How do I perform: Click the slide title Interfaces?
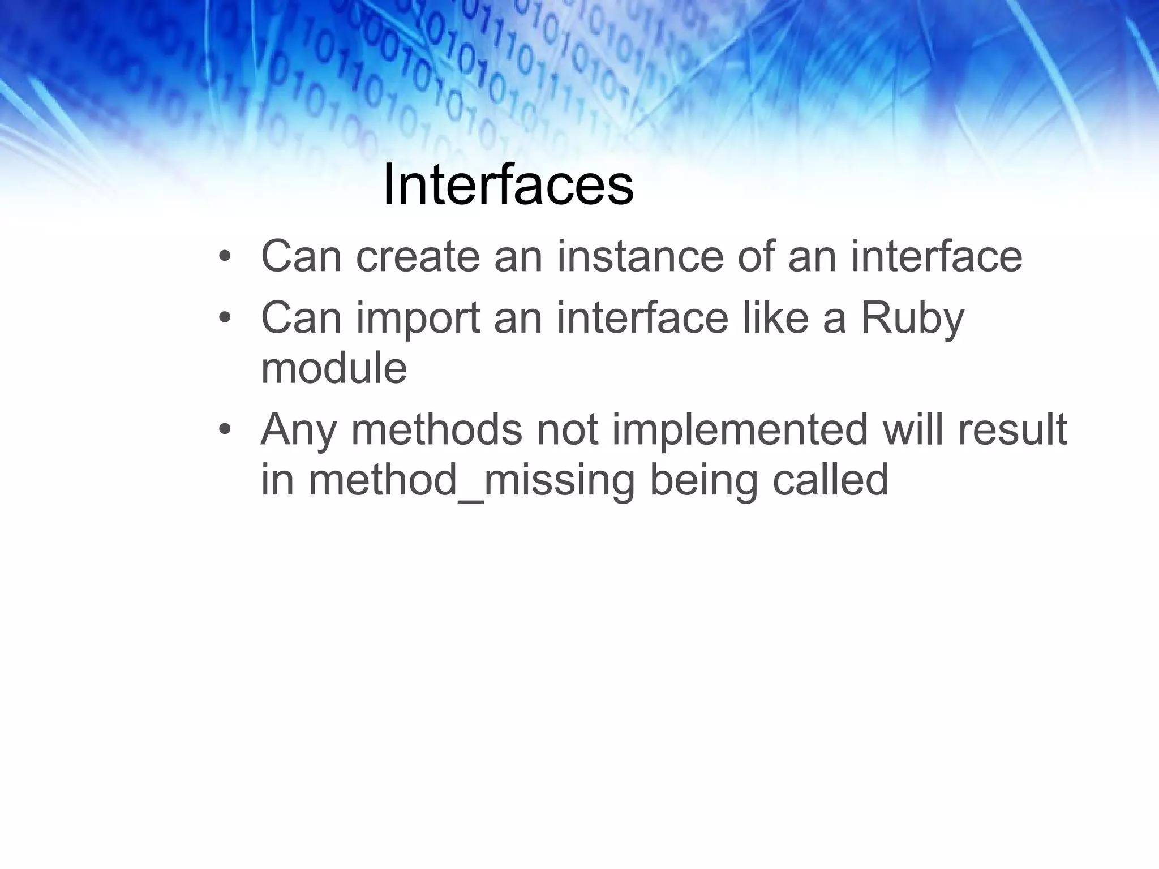508,186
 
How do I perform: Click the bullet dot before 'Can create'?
225,258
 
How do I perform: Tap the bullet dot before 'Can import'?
225,319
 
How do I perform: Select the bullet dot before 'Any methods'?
225,431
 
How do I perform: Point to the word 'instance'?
640,257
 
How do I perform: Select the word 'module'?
334,368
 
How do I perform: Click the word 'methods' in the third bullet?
436,430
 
